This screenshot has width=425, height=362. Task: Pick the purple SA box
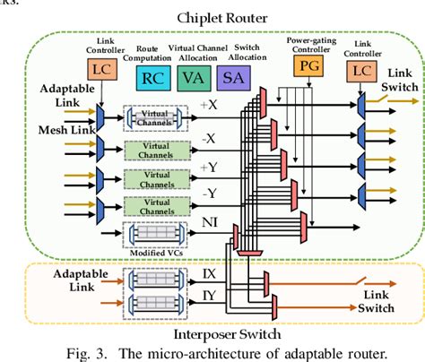tap(230, 79)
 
